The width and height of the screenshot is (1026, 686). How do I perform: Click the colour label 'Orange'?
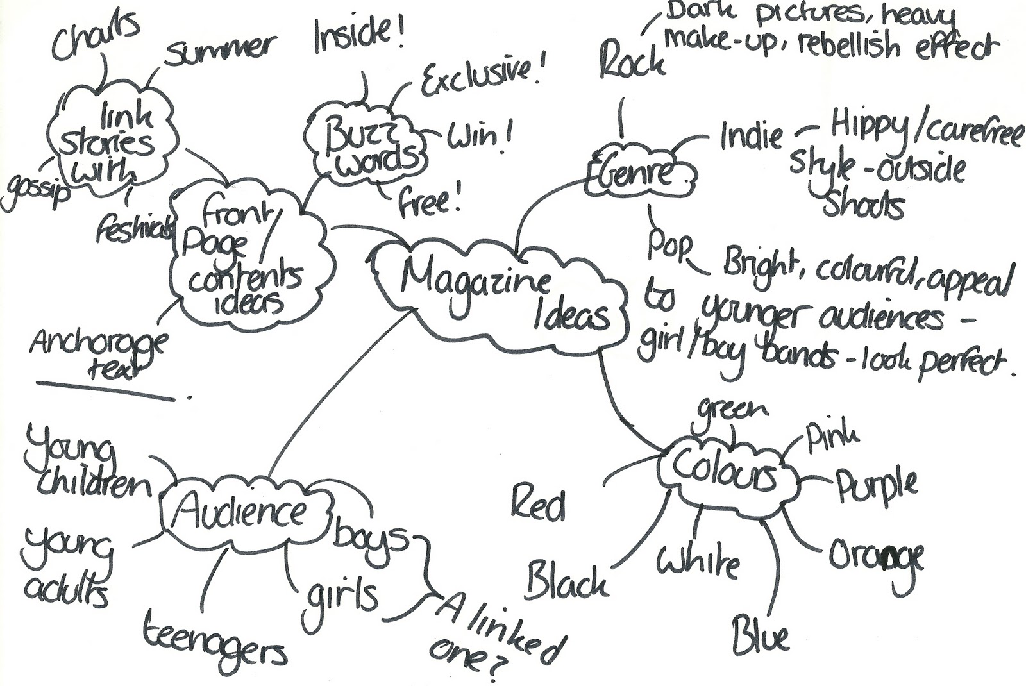[x=876, y=556]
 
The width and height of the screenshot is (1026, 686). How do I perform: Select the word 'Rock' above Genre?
[x=632, y=61]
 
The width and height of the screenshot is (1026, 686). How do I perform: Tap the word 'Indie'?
[x=751, y=135]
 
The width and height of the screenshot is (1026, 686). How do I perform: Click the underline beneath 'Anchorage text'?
[x=106, y=391]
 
